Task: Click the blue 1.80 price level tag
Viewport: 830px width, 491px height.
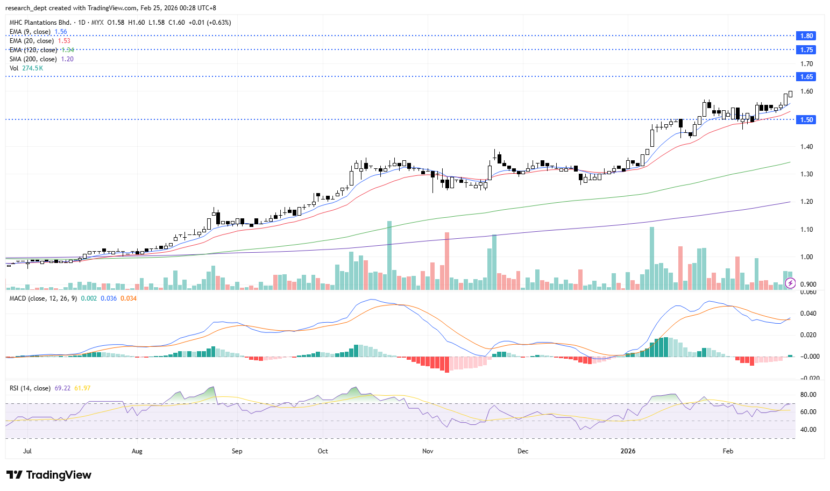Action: click(x=806, y=36)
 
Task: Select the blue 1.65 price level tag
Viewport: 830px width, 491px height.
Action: click(x=806, y=77)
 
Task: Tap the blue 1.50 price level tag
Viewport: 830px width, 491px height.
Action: click(x=806, y=119)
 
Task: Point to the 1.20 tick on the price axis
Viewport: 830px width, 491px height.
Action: click(x=806, y=202)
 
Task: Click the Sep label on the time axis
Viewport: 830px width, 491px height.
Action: click(x=237, y=451)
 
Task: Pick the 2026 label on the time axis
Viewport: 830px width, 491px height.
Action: click(x=628, y=451)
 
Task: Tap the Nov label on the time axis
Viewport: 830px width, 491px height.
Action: click(x=428, y=451)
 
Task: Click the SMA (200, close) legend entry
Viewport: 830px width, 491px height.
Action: click(x=33, y=59)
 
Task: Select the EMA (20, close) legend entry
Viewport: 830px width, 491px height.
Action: click(x=31, y=41)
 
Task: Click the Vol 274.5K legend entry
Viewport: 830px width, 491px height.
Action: click(x=26, y=68)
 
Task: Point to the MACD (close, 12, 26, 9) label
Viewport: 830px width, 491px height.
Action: click(x=43, y=298)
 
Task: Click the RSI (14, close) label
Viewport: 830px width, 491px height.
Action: click(x=30, y=388)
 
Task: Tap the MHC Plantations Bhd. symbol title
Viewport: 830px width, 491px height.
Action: click(x=40, y=23)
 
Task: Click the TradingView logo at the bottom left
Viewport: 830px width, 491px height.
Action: click(x=49, y=475)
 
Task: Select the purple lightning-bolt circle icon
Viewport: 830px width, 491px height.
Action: click(x=790, y=283)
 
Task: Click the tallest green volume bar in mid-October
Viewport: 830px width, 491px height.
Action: click(x=389, y=255)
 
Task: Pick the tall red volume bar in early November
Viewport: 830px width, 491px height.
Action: click(x=447, y=261)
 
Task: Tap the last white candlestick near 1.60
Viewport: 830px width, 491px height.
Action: click(x=790, y=94)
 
